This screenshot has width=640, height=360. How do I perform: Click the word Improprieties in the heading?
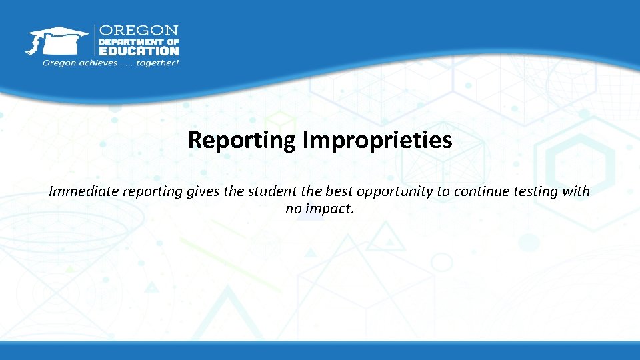coord(377,141)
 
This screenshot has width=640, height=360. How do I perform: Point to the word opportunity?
coord(395,192)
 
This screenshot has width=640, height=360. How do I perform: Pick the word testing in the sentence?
coord(540,192)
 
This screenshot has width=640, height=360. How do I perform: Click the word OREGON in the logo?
coord(139,31)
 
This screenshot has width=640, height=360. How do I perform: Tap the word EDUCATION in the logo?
coord(139,51)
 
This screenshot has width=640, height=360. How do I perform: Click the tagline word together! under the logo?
coord(158,63)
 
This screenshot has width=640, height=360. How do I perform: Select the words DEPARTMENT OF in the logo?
coord(139,41)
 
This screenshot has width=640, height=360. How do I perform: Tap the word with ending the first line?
coord(577,192)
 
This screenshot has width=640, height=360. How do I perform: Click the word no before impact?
coord(294,209)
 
